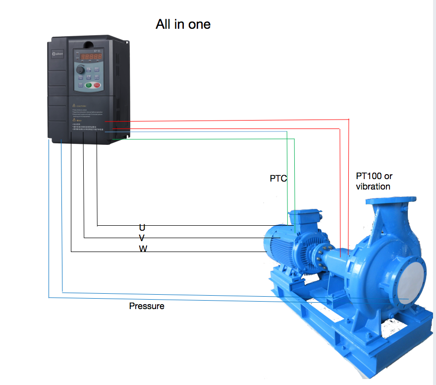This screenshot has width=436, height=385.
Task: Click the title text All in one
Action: click(x=183, y=24)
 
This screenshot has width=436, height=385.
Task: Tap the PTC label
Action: click(x=278, y=178)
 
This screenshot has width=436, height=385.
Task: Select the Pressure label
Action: click(x=147, y=306)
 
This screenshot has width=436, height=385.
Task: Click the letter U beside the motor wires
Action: click(x=142, y=227)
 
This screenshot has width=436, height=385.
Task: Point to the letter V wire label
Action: click(x=142, y=238)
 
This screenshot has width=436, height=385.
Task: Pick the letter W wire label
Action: click(x=143, y=249)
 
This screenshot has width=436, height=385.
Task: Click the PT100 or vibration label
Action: click(x=374, y=181)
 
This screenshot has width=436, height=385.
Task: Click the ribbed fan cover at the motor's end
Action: click(x=272, y=244)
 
